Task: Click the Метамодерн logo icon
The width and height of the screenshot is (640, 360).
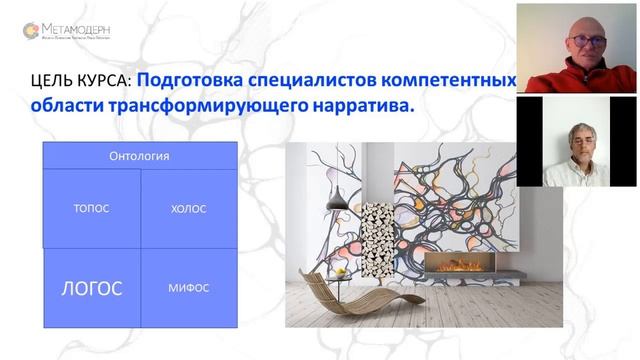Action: tap(31, 31)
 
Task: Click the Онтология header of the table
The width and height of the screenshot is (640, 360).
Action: tap(139, 156)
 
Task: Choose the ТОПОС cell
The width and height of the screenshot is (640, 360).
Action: tap(91, 209)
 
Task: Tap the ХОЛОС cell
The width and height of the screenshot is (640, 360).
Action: tap(188, 209)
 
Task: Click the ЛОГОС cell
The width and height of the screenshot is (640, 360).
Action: tap(92, 288)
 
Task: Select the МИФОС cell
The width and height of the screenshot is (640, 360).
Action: tap(188, 288)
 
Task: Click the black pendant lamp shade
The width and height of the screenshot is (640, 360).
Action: tap(337, 202)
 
